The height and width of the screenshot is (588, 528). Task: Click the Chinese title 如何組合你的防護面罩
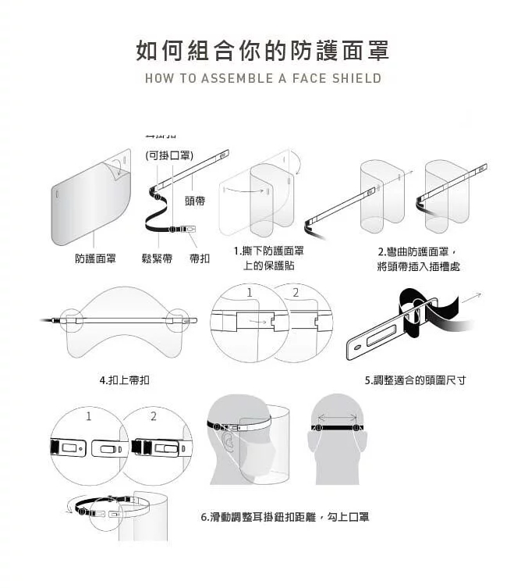[x=263, y=51]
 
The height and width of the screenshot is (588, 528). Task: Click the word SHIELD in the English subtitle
[x=356, y=78]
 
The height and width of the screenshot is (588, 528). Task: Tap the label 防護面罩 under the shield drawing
[x=96, y=258]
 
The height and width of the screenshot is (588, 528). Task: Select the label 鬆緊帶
[x=156, y=258]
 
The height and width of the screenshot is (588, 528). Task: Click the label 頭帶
[x=195, y=201]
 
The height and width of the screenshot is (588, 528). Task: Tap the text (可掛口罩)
[x=170, y=155]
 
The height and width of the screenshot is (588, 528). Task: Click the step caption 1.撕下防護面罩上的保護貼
[x=268, y=258]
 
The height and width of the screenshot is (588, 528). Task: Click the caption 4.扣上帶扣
[x=125, y=380]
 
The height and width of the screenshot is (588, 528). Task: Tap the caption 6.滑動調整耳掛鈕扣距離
[x=285, y=517]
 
